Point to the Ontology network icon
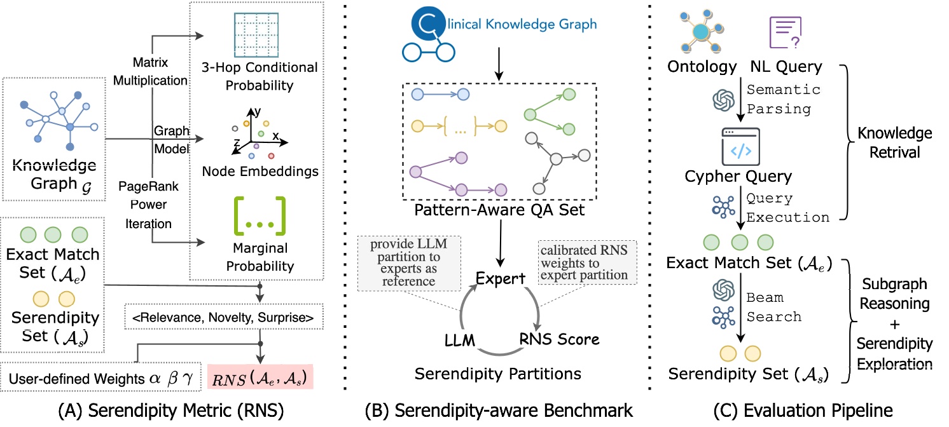coord(700,30)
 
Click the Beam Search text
coord(768,306)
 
